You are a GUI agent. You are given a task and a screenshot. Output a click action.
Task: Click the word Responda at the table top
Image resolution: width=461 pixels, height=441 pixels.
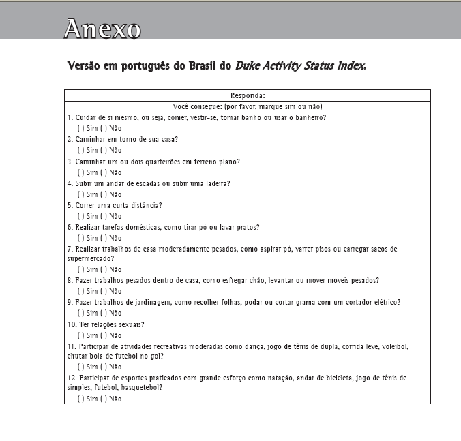click(248, 96)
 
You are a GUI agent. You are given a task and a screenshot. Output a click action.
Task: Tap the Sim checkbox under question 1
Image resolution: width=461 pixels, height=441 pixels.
click(80, 128)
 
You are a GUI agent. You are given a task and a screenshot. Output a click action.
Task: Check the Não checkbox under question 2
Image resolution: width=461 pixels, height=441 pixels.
click(102, 150)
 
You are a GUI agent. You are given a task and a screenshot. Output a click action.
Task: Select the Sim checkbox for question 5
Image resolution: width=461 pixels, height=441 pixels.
click(80, 216)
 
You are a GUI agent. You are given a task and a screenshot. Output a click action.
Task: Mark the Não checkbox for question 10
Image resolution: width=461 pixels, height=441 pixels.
click(102, 335)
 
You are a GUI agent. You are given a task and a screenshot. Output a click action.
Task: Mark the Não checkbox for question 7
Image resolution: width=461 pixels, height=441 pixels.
click(102, 269)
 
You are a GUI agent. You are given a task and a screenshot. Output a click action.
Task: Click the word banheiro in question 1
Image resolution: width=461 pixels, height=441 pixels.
click(306, 117)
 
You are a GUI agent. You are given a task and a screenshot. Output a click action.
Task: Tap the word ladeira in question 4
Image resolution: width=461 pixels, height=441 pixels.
click(214, 183)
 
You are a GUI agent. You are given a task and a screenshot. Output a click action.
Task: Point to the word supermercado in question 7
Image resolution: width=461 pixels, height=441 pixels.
click(87, 259)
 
